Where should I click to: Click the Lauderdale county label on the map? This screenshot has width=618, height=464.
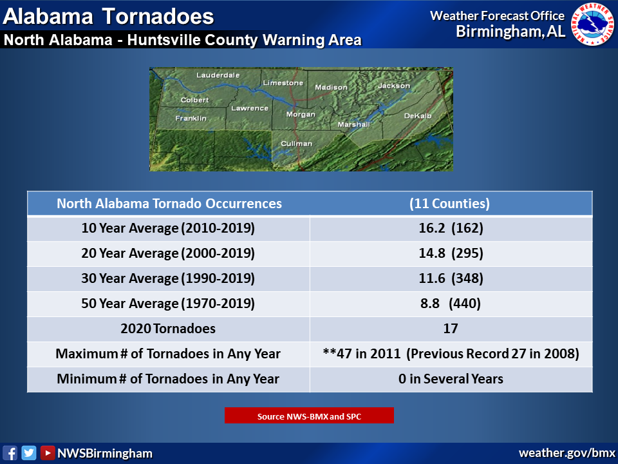218,75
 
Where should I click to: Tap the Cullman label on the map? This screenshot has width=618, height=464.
296,144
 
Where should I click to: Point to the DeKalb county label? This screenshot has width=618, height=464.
418,115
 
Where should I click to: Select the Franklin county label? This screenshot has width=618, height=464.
191,118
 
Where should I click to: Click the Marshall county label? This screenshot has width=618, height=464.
353,124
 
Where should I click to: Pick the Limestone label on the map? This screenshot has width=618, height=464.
283,83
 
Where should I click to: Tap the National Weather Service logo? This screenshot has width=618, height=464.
592,24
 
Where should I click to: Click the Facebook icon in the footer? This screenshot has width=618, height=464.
10,453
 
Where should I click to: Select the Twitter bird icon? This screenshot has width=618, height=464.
29,453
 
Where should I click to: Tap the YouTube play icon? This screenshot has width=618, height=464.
47,453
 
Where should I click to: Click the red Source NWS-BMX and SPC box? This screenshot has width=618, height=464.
309,416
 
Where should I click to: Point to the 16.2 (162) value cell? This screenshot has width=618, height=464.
451,228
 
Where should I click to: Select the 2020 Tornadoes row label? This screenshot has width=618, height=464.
168,329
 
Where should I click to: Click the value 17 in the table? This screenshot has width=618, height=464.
451,329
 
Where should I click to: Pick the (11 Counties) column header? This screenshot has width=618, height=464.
449,204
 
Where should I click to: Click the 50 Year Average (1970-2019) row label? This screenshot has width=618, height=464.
168,304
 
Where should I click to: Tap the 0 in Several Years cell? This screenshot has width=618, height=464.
451,379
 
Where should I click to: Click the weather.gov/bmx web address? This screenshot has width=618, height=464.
566,453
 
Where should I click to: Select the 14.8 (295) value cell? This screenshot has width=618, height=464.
451,253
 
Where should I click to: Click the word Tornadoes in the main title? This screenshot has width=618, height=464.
158,17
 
